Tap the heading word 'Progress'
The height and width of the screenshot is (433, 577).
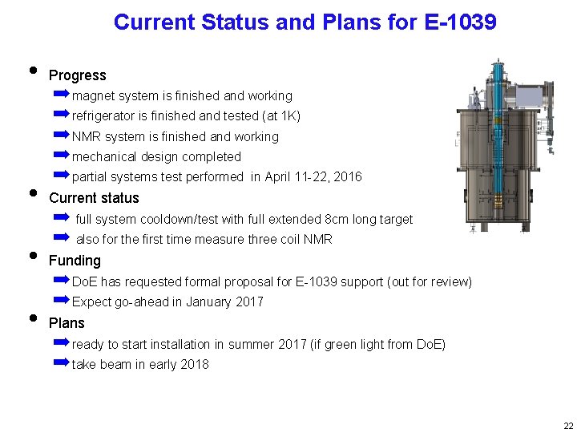(78, 75)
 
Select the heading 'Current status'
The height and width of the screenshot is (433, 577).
(94, 198)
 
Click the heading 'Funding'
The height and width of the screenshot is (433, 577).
(75, 261)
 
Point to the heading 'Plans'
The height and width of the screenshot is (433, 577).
(67, 323)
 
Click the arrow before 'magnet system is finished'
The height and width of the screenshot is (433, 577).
(63, 95)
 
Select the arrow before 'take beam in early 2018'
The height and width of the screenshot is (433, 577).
(63, 363)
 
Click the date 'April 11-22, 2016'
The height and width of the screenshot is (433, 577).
(313, 177)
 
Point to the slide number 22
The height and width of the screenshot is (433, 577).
(568, 425)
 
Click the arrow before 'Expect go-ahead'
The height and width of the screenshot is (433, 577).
(63, 301)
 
